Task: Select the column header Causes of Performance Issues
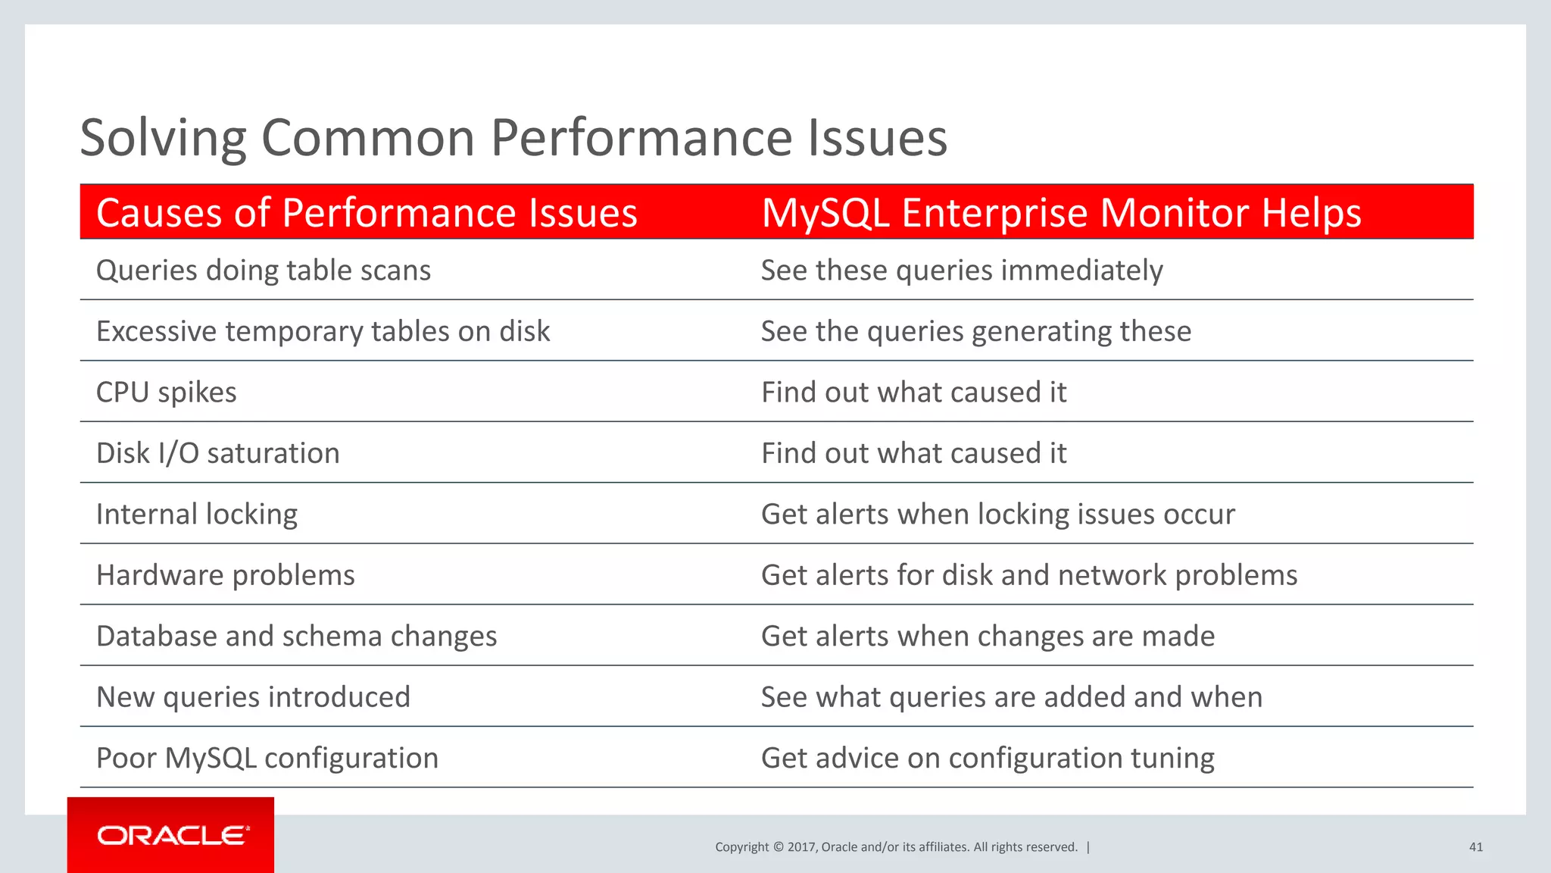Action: click(367, 212)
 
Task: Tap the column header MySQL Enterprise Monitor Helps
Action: click(1061, 212)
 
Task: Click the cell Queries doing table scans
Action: click(263, 271)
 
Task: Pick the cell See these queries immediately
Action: click(961, 271)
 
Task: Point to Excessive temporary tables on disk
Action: click(323, 331)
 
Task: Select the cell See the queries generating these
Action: click(975, 331)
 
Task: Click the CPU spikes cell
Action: click(166, 393)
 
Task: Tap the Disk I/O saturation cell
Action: click(217, 453)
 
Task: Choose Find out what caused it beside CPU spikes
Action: click(913, 393)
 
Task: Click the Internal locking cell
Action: click(197, 515)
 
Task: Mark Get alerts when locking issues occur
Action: click(997, 515)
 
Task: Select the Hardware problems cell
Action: click(225, 575)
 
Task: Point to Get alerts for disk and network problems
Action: click(1028, 575)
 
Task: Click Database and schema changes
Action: click(296, 637)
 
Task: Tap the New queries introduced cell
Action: click(253, 697)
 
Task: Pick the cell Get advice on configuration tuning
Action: click(987, 758)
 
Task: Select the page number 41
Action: click(1475, 847)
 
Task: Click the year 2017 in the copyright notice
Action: click(801, 847)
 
